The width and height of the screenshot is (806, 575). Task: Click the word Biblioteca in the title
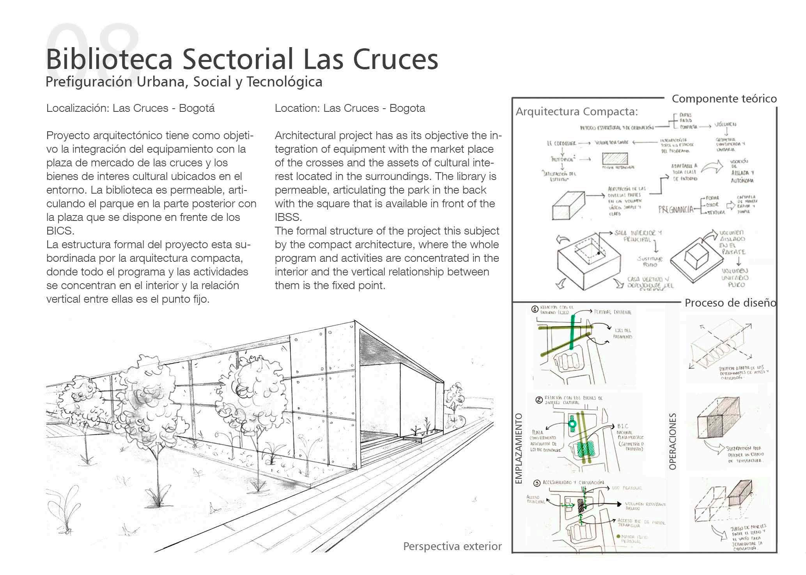(109, 59)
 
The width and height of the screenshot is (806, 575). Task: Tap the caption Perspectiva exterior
(452, 547)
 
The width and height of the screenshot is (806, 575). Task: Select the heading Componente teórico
(724, 99)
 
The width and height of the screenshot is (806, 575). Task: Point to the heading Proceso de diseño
(730, 303)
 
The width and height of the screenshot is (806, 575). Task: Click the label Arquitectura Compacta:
(577, 112)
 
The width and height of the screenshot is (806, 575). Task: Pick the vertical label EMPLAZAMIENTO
(519, 448)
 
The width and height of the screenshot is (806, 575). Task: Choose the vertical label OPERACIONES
(672, 441)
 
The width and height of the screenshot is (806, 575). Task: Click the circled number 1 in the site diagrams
(535, 310)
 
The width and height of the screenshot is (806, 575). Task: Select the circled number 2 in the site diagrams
(539, 400)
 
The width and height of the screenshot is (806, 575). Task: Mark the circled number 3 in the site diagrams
(537, 483)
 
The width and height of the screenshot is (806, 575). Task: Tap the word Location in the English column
(296, 108)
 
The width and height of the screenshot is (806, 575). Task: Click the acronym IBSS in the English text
(288, 217)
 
